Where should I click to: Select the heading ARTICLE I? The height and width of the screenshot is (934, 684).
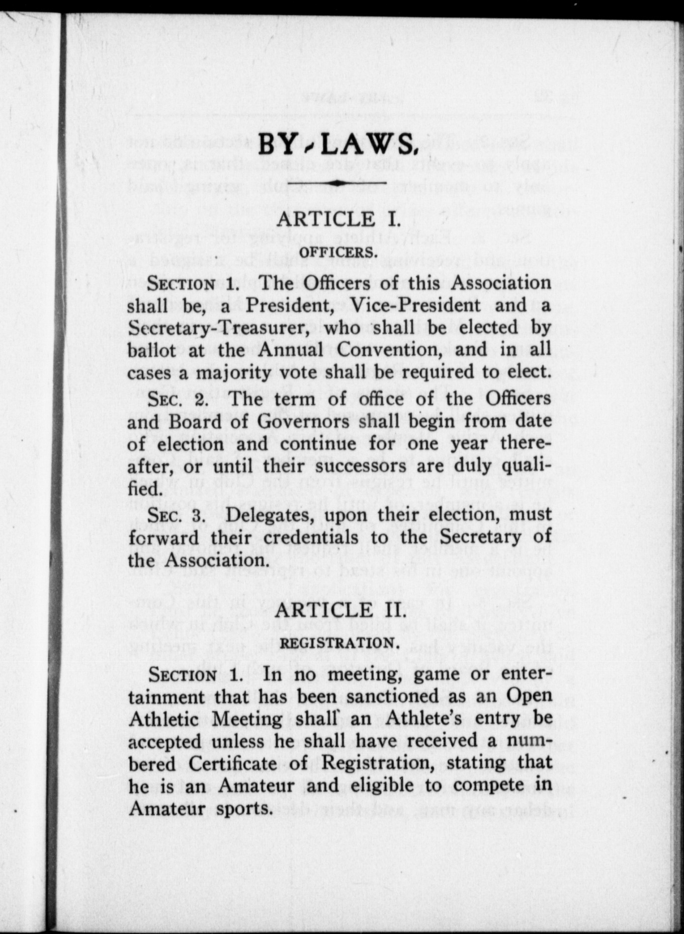[x=338, y=220]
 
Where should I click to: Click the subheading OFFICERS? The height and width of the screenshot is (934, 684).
[x=338, y=252]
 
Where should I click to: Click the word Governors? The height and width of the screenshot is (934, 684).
[x=252, y=421]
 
